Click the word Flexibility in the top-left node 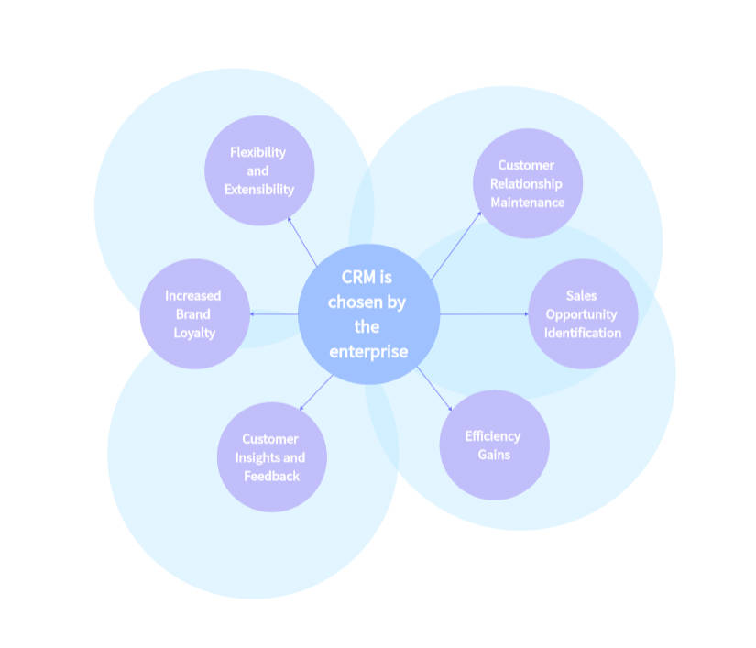coord(258,152)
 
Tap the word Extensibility coord(259,190)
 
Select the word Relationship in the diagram coord(526,183)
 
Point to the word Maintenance coord(527,202)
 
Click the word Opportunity coord(582,313)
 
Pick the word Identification coord(582,332)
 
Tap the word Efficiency coord(492,435)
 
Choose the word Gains coord(494,455)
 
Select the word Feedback coord(271,476)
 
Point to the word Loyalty coord(194,333)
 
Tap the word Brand coord(193,314)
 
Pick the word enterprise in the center coord(368,351)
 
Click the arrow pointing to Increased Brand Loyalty coord(274,314)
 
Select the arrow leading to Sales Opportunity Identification coord(484,314)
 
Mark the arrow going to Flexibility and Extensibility coord(302,241)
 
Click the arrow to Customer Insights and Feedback coord(316,391)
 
